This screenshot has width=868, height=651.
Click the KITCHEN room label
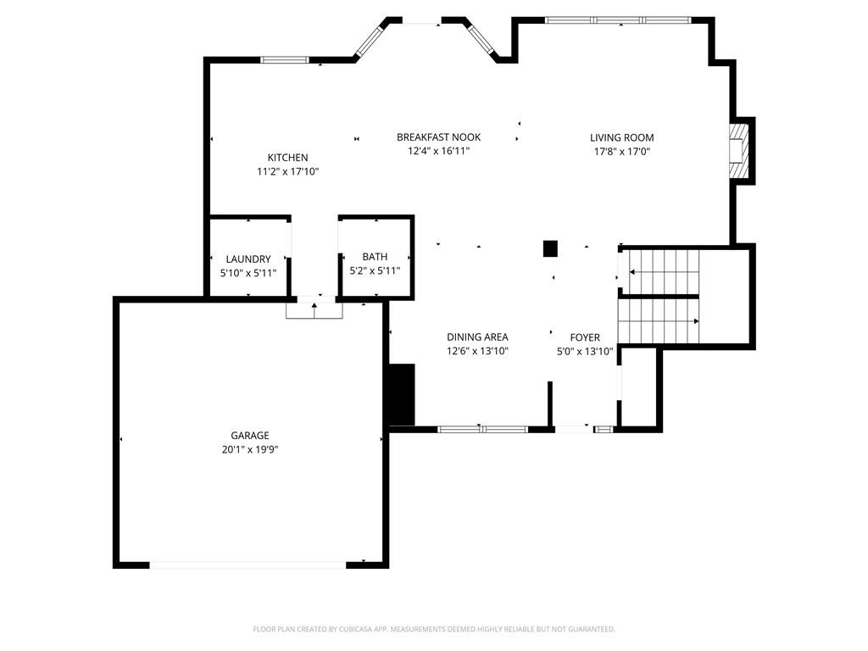288,158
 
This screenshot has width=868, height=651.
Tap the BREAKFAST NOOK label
438,137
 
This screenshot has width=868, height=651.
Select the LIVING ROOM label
621,138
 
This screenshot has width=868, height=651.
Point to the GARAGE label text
250,436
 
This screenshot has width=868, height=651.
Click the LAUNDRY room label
248,259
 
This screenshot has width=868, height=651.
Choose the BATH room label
375,257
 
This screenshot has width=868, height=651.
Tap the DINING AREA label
477,337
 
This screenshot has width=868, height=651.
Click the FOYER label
585,337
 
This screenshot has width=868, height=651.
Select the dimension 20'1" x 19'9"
250,449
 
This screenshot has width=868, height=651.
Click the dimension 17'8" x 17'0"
621,152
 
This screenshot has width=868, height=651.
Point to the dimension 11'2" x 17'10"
288,171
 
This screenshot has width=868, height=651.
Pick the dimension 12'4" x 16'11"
438,151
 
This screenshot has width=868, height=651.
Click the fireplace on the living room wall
739,150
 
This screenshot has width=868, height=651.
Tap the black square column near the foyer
549,248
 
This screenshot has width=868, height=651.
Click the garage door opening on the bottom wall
248,565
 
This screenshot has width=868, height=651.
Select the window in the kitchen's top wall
285,60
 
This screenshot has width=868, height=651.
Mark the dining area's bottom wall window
482,429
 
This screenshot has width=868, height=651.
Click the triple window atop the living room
618,20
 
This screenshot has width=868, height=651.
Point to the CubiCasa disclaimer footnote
434,630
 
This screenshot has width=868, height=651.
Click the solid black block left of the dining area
402,394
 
